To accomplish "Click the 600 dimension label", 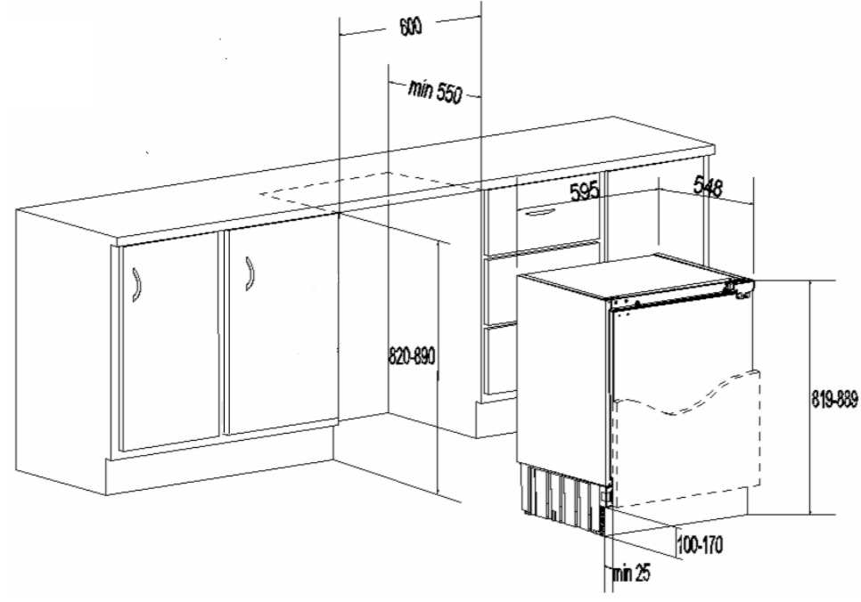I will click(410, 27).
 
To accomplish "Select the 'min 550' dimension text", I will click(434, 89).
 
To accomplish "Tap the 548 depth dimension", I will click(711, 187).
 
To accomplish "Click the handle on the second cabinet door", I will click(249, 273).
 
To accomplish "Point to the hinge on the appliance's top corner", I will click(741, 287).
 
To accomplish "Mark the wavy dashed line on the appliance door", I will click(686, 401).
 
